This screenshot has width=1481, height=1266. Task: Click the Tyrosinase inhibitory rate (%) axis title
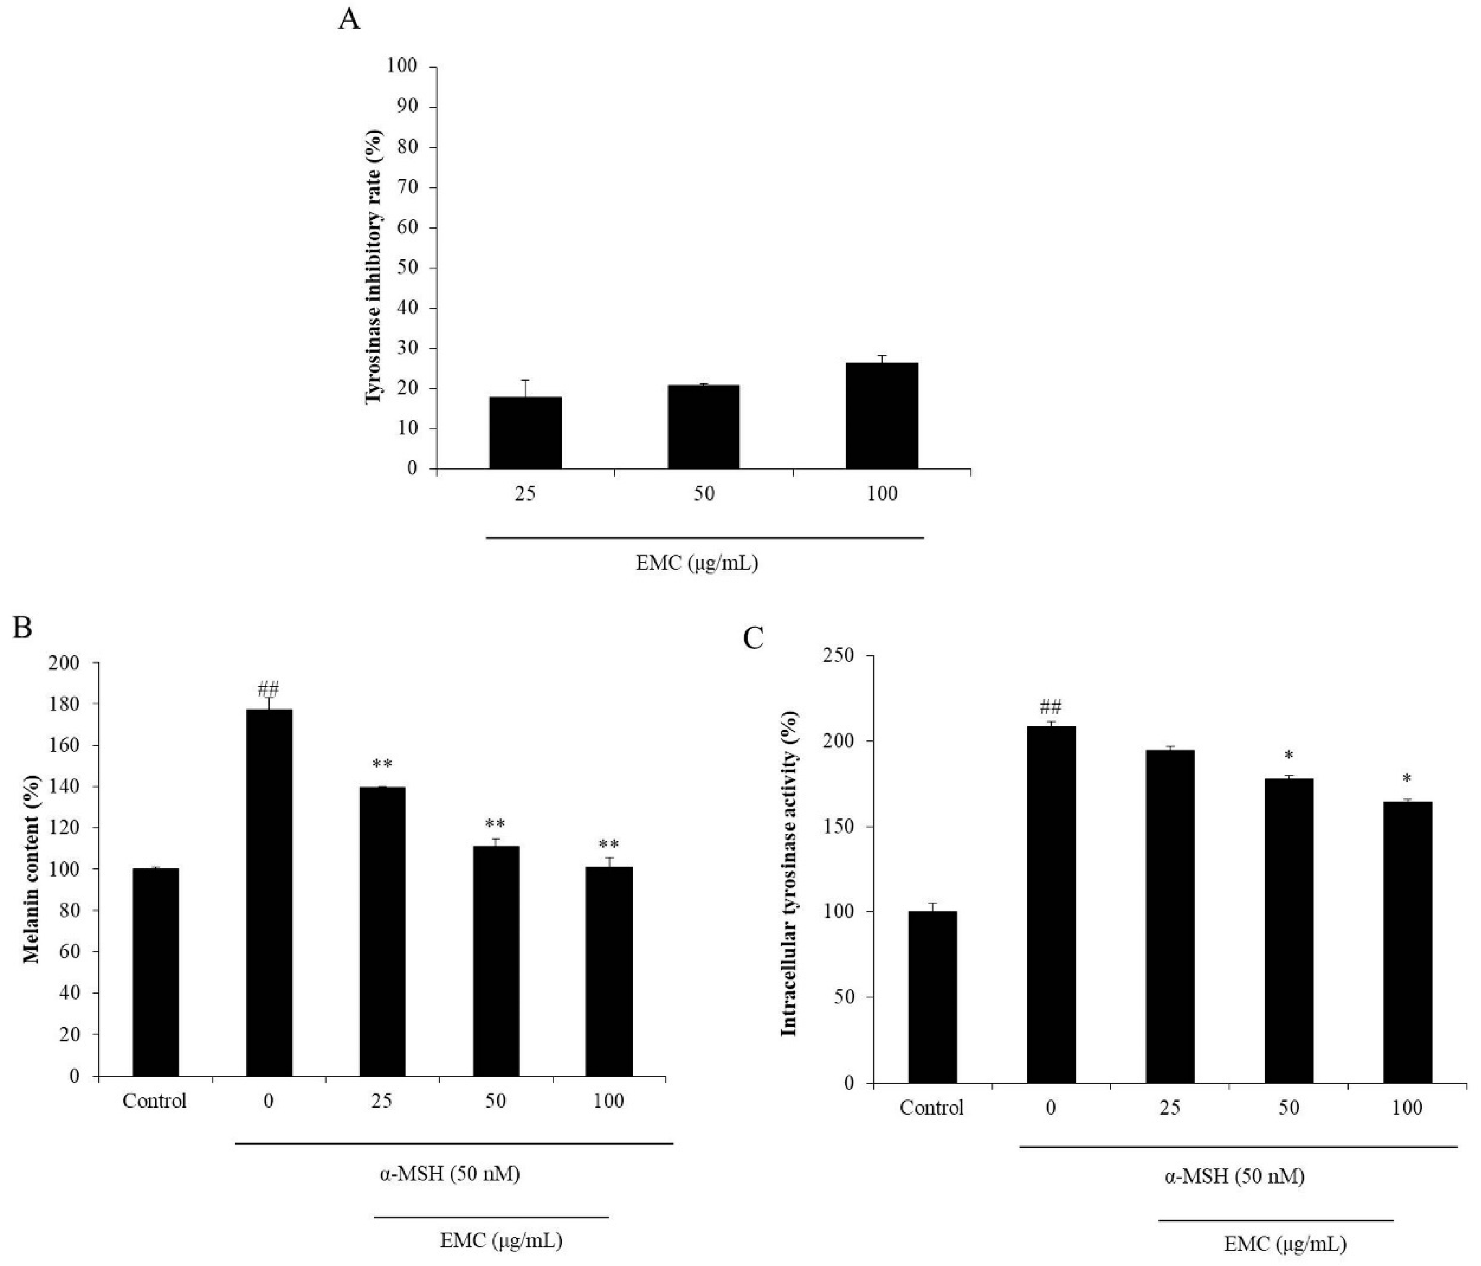374,267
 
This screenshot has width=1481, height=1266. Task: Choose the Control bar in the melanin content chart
155,972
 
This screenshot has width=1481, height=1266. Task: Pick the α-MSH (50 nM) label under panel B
449,1174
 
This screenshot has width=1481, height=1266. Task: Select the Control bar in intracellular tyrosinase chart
932,997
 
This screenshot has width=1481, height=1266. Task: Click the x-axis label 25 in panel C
1169,1109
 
